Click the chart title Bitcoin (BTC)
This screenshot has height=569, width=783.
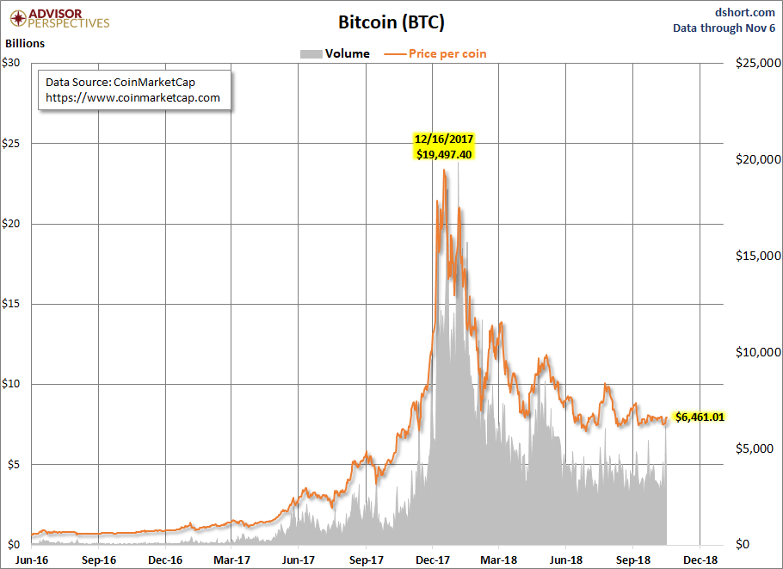point(391,21)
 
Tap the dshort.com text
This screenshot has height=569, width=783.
point(745,11)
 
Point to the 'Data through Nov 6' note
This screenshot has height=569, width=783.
point(724,28)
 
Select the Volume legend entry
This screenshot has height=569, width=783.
point(336,53)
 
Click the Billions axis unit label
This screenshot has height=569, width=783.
point(26,42)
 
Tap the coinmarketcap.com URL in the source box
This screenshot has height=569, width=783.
point(133,97)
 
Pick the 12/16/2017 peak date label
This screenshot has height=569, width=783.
point(443,139)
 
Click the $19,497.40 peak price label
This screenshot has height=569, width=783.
point(443,154)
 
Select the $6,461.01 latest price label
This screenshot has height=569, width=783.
point(700,417)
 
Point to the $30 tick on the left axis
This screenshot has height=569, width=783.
point(14,63)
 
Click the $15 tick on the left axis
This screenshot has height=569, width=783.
point(14,304)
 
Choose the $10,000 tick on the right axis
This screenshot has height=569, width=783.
point(754,352)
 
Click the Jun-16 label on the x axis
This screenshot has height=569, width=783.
point(31,559)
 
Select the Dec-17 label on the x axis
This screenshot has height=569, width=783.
point(432,559)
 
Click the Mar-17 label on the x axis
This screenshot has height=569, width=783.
point(231,559)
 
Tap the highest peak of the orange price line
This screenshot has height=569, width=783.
point(444,170)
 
